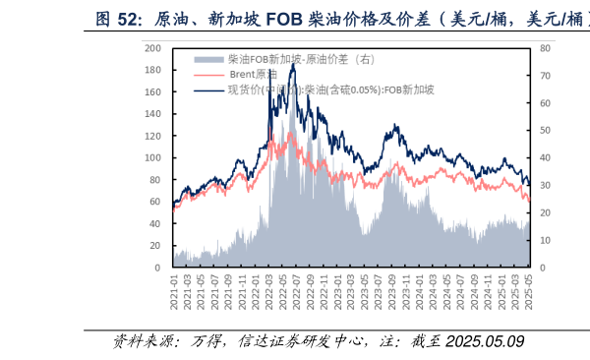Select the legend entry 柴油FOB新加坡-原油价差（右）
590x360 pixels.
295,60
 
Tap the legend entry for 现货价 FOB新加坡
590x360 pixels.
330,90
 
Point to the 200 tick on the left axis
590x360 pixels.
152,48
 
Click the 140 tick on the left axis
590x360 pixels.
152,114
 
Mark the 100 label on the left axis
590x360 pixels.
152,157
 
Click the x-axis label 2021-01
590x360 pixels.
174,292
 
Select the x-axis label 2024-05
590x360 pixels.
447,292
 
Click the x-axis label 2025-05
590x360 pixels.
529,292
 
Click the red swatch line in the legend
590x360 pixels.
209,75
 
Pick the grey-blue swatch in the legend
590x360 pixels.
209,60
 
